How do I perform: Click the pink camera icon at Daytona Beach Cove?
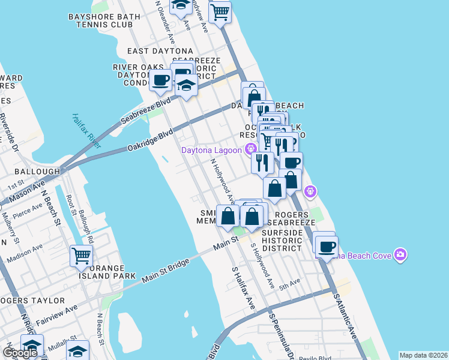coord(400,256)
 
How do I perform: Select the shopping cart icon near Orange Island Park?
coord(80,256)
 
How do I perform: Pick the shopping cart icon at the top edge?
coord(220,11)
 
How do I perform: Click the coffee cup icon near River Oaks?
coord(160,80)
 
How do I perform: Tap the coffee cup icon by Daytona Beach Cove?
coord(327,246)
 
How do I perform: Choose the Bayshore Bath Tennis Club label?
coord(100,20)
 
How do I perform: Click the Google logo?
coord(20,352)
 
